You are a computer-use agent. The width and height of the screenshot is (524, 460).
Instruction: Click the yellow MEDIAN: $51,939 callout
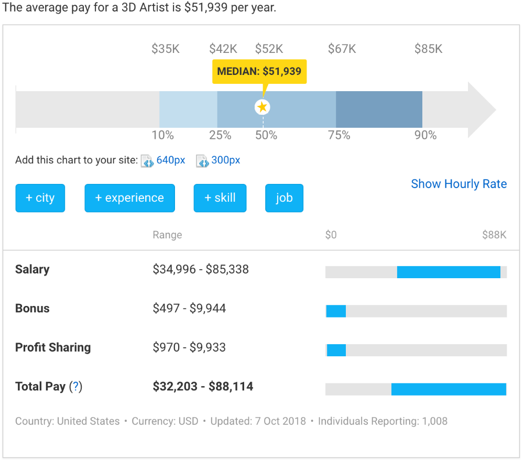click(x=259, y=71)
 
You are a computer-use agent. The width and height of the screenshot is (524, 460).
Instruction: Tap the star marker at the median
click(x=263, y=107)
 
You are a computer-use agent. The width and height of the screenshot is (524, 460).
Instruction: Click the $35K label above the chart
click(x=166, y=49)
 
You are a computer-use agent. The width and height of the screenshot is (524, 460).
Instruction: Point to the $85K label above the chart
click(x=428, y=49)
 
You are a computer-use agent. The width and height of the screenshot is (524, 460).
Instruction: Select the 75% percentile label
click(x=339, y=135)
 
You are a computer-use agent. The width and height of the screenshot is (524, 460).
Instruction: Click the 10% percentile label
click(x=162, y=135)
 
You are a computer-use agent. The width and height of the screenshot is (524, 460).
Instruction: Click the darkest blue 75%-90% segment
click(x=379, y=109)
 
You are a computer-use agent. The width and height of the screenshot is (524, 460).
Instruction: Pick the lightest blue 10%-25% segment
click(x=188, y=109)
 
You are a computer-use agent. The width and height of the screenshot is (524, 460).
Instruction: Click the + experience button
click(x=129, y=198)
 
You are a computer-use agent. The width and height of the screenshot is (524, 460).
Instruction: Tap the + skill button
click(x=220, y=198)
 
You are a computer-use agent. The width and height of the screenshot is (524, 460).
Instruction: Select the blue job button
click(x=284, y=198)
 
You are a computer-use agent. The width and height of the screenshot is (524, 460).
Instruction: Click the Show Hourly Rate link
click(x=458, y=184)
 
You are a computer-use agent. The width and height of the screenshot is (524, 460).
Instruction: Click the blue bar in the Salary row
click(x=449, y=272)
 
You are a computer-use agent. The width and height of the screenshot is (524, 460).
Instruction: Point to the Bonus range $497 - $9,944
click(x=189, y=308)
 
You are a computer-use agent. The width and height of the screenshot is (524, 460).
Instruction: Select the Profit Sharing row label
click(x=53, y=347)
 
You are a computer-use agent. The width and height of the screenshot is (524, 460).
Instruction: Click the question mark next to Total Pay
click(x=76, y=387)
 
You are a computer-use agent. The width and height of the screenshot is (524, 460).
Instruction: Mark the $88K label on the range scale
click(x=494, y=235)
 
